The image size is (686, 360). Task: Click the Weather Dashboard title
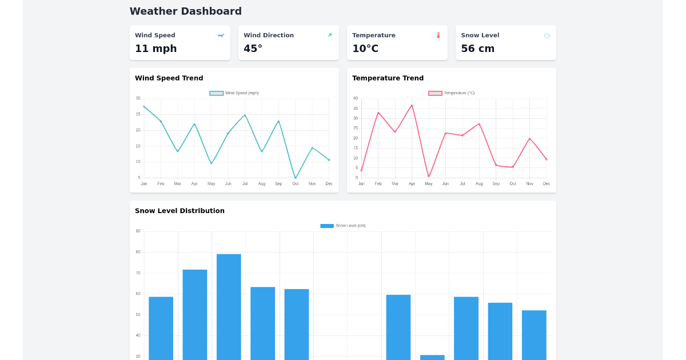(185, 11)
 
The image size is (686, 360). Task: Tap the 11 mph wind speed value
(155, 49)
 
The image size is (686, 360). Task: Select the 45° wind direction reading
(253, 49)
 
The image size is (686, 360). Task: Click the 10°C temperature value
(365, 49)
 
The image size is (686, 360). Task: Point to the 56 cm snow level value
(477, 49)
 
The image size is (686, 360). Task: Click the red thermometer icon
(438, 35)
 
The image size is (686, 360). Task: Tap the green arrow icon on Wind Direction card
(330, 35)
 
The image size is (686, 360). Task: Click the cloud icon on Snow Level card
(547, 35)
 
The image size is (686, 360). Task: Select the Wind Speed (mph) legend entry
(234, 93)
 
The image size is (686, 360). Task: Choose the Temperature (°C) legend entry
(452, 93)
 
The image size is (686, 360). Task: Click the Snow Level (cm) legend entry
(343, 226)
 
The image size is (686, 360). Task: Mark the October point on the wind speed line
(296, 178)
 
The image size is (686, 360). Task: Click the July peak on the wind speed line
(245, 115)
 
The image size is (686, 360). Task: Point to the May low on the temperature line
(429, 177)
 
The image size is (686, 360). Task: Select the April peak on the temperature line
(412, 105)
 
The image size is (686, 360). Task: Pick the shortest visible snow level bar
(432, 357)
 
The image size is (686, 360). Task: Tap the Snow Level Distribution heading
(180, 211)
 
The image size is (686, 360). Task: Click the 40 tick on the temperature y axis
(356, 98)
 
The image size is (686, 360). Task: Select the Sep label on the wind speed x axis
(278, 183)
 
